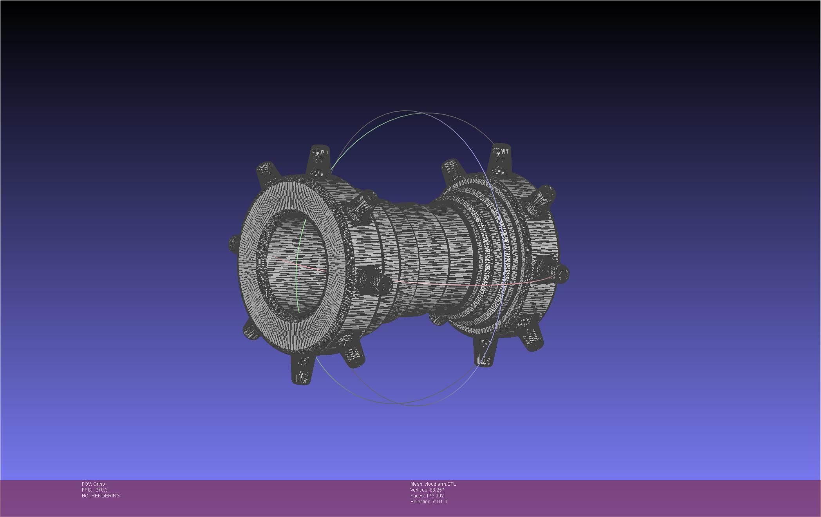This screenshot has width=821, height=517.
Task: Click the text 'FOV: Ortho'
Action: click(93, 484)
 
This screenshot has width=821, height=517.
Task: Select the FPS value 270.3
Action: click(101, 490)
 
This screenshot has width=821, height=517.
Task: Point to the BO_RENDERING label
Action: click(101, 496)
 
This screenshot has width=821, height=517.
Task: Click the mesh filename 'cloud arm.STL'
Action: click(440, 484)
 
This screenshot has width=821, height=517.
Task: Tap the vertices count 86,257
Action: click(437, 490)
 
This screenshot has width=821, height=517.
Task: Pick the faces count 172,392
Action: click(435, 496)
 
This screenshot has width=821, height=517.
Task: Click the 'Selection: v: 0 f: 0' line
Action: click(429, 502)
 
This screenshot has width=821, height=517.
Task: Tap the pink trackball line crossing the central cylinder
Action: click(431, 284)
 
